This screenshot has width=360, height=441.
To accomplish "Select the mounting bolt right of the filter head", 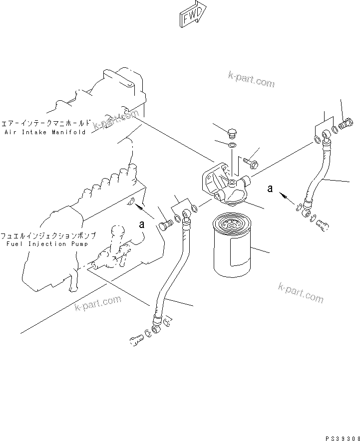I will coord(251,162).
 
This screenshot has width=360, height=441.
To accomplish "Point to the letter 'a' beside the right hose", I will coord(271,189).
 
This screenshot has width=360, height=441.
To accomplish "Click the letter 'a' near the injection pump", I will coord(142,224).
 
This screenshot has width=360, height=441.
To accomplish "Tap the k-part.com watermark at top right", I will coord(252,79).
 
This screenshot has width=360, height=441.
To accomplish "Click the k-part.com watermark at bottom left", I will coord(98,303).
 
